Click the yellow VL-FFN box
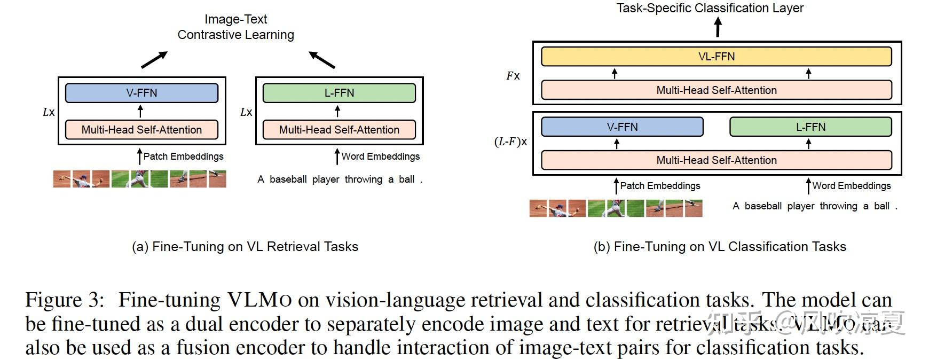point(716,57)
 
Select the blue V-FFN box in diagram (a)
point(141,93)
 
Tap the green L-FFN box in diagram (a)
point(339,93)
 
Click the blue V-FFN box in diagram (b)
point(622,127)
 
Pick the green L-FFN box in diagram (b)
point(810,127)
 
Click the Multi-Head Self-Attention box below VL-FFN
point(716,90)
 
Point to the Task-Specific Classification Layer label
point(710,8)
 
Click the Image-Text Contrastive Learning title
point(235,27)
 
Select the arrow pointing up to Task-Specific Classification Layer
point(718,27)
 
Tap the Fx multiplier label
point(513,76)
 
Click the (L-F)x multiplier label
point(510,142)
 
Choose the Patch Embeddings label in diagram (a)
point(183,156)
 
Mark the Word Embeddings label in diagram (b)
point(851,186)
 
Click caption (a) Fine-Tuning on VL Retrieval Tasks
point(245,247)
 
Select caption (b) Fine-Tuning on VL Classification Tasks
point(720,247)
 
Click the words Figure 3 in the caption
point(64,300)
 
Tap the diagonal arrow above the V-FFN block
point(154,60)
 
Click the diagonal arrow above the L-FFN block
point(322,60)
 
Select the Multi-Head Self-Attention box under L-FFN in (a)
point(339,130)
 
